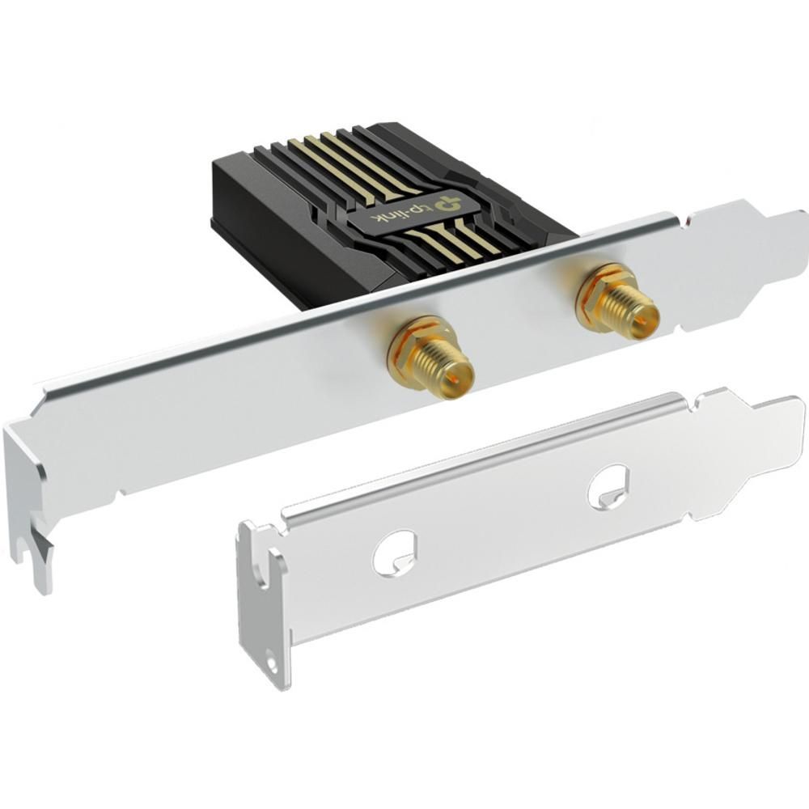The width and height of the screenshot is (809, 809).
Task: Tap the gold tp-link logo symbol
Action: coord(447,202)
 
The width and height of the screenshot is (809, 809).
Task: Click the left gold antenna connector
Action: coord(431,358)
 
